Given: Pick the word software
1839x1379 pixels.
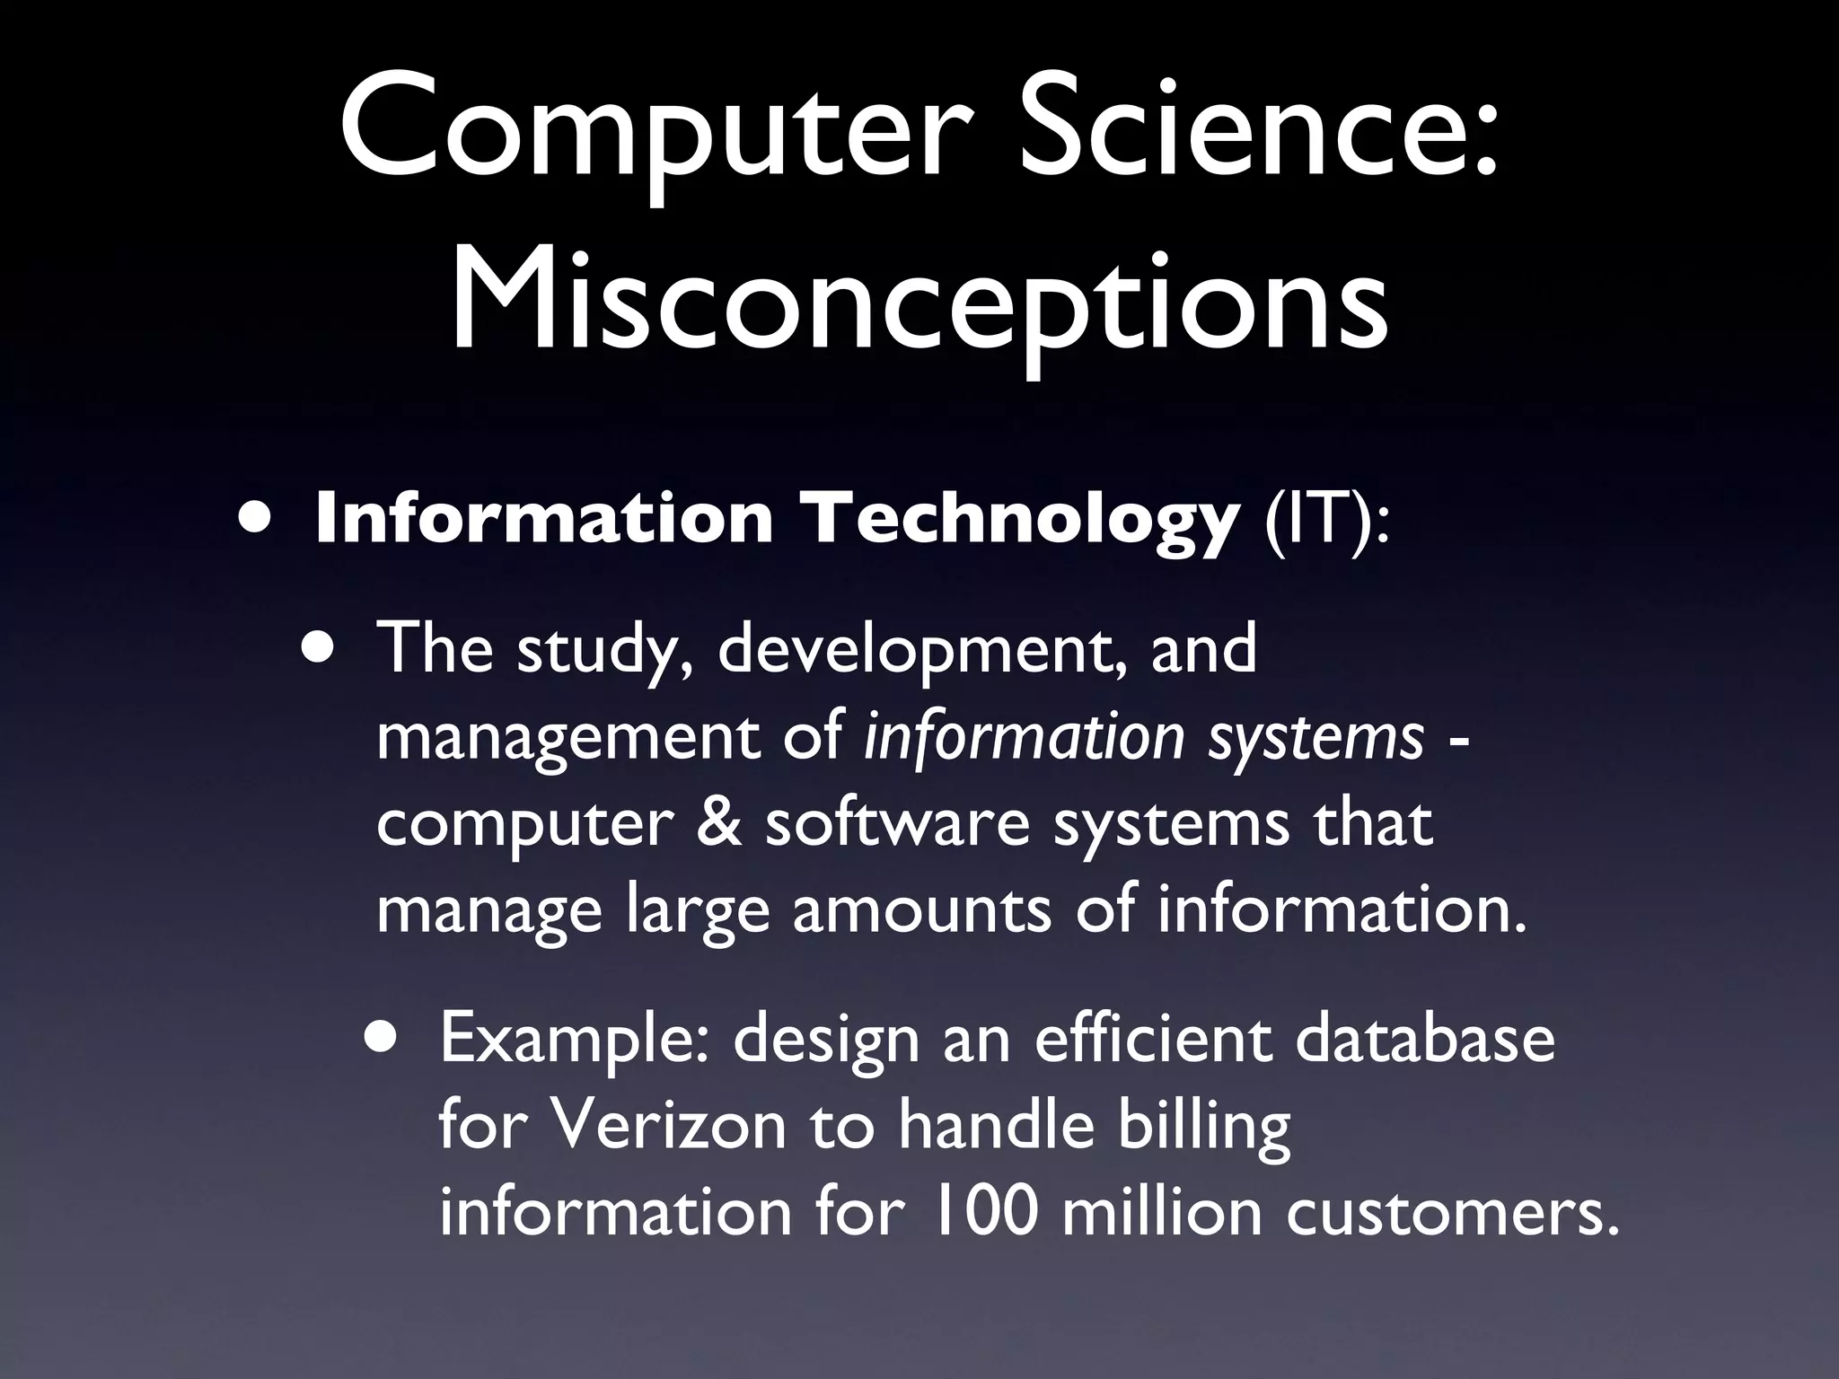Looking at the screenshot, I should tap(897, 824).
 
